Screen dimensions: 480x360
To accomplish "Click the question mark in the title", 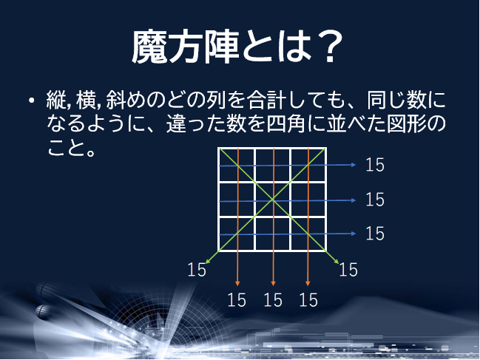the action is [329, 47].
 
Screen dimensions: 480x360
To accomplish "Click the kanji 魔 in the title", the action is [149, 47].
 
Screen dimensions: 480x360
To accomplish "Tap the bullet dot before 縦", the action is [31, 101].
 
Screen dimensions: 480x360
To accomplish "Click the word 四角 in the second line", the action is [286, 123].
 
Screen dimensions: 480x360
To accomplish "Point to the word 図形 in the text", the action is [406, 123].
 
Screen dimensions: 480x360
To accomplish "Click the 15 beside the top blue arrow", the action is [375, 165].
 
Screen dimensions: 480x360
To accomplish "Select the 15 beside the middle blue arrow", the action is [375, 200].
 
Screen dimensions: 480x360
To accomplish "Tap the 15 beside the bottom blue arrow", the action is [375, 234].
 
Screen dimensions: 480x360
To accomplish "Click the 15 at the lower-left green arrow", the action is [197, 270].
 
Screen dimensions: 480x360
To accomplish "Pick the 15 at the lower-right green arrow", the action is [348, 270].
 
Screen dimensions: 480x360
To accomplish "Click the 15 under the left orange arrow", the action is [237, 299].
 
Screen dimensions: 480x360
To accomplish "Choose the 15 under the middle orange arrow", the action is [273, 299].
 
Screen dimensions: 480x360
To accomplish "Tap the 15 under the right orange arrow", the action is [308, 299].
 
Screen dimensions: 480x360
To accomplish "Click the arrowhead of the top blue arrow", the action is [354, 165].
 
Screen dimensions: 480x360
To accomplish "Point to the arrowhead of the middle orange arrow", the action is [274, 284].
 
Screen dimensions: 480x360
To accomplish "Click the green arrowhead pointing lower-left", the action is [208, 261].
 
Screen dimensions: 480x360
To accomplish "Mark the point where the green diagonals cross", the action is [272, 200].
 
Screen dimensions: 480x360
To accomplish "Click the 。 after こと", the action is [91, 152].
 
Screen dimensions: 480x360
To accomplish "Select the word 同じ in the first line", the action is [386, 100].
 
